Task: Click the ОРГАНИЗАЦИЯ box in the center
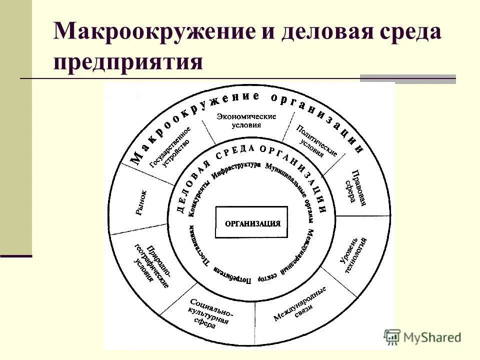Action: pos(251,222)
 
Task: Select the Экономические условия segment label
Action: pos(246,120)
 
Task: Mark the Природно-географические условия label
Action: pos(152,265)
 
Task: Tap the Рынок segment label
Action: pos(141,202)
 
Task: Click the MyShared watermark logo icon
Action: pos(392,336)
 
